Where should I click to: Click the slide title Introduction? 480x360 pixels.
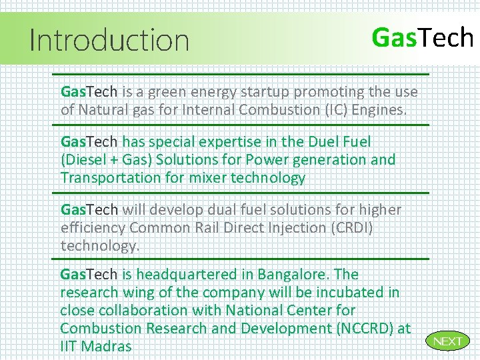pos(110,40)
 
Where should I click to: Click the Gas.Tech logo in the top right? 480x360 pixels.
pos(422,38)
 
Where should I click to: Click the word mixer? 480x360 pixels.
pos(210,178)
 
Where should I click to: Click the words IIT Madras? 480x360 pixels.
pos(95,347)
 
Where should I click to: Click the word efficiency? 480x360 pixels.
pos(93,228)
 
